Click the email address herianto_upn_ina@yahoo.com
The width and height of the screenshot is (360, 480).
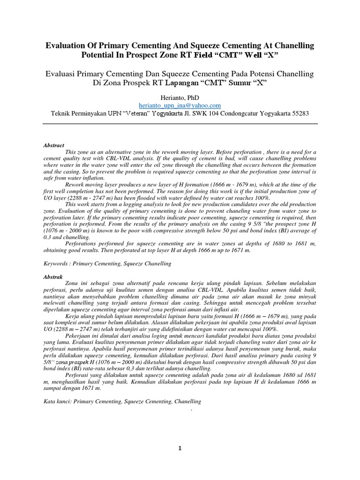[180, 105]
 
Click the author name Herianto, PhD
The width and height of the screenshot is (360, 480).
[180, 97]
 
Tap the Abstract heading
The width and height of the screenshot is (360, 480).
[53, 146]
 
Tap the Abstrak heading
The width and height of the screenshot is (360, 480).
[52, 277]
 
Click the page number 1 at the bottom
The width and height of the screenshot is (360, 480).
[180, 448]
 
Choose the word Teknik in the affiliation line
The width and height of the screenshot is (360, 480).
[60, 114]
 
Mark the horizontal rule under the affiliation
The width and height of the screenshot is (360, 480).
[180, 124]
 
